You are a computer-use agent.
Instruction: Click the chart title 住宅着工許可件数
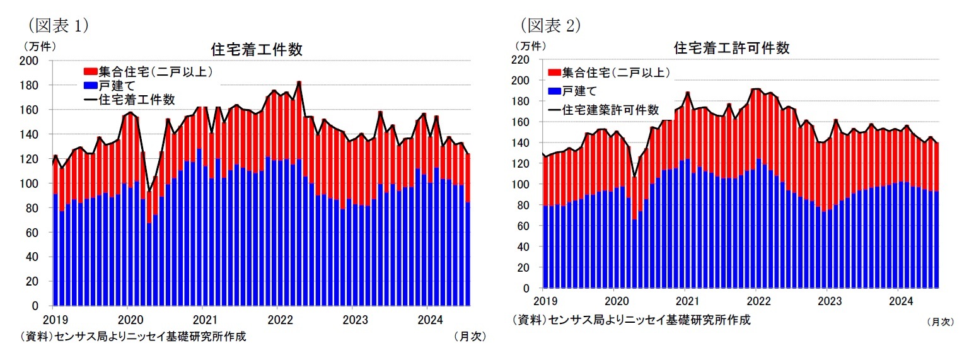coord(731,48)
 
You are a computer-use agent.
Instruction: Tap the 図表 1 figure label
coord(56,25)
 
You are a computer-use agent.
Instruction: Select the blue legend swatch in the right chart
coord(555,91)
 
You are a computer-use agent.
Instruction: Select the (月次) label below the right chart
coord(941,322)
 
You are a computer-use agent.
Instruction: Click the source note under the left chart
coord(134,336)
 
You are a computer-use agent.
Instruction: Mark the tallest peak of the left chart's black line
coord(299,81)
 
